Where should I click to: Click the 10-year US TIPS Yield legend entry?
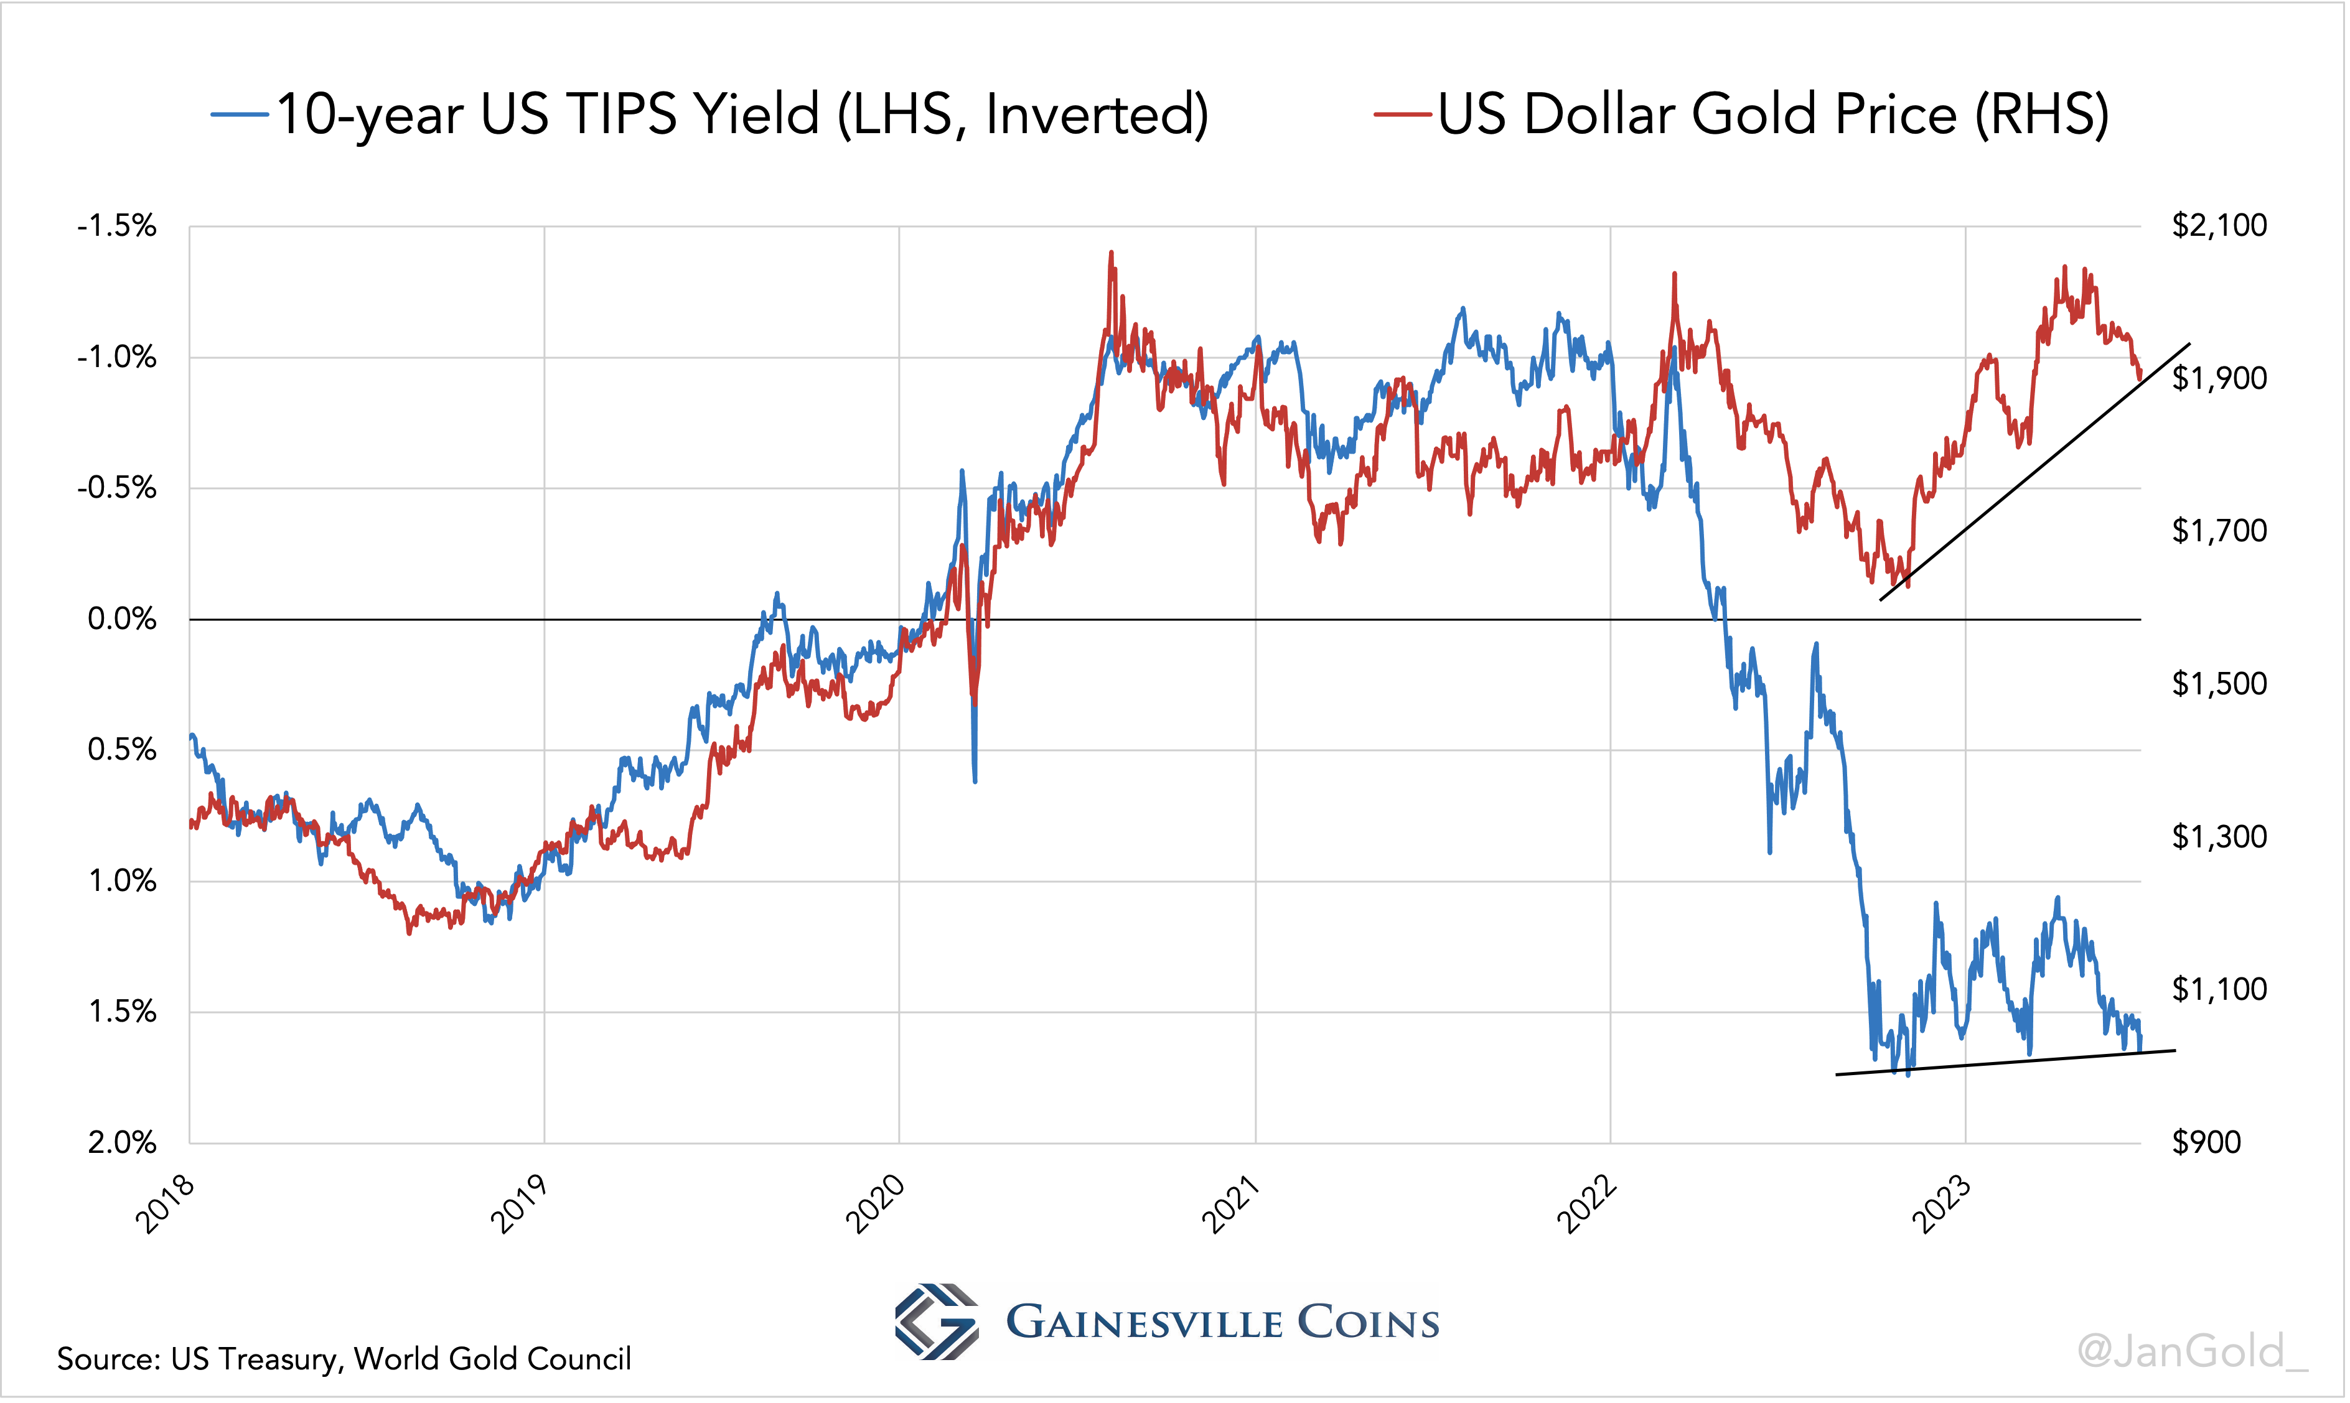pyautogui.click(x=709, y=115)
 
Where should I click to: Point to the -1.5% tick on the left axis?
pyautogui.click(x=117, y=226)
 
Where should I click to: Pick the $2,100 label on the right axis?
pyautogui.click(x=2219, y=225)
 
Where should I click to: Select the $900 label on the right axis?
pyautogui.click(x=2206, y=1142)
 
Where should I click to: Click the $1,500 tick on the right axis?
pyautogui.click(x=2219, y=684)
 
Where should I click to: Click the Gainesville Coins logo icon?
pyautogui.click(x=935, y=1321)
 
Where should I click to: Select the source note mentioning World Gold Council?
pyautogui.click(x=344, y=1359)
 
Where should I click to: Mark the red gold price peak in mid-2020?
pyautogui.click(x=1111, y=253)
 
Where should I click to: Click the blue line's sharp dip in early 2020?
pyautogui.click(x=975, y=780)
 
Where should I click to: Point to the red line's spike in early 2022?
pyautogui.click(x=1674, y=275)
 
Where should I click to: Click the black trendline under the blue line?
pyautogui.click(x=2005, y=1063)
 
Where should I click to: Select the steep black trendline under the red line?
pyautogui.click(x=2033, y=473)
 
